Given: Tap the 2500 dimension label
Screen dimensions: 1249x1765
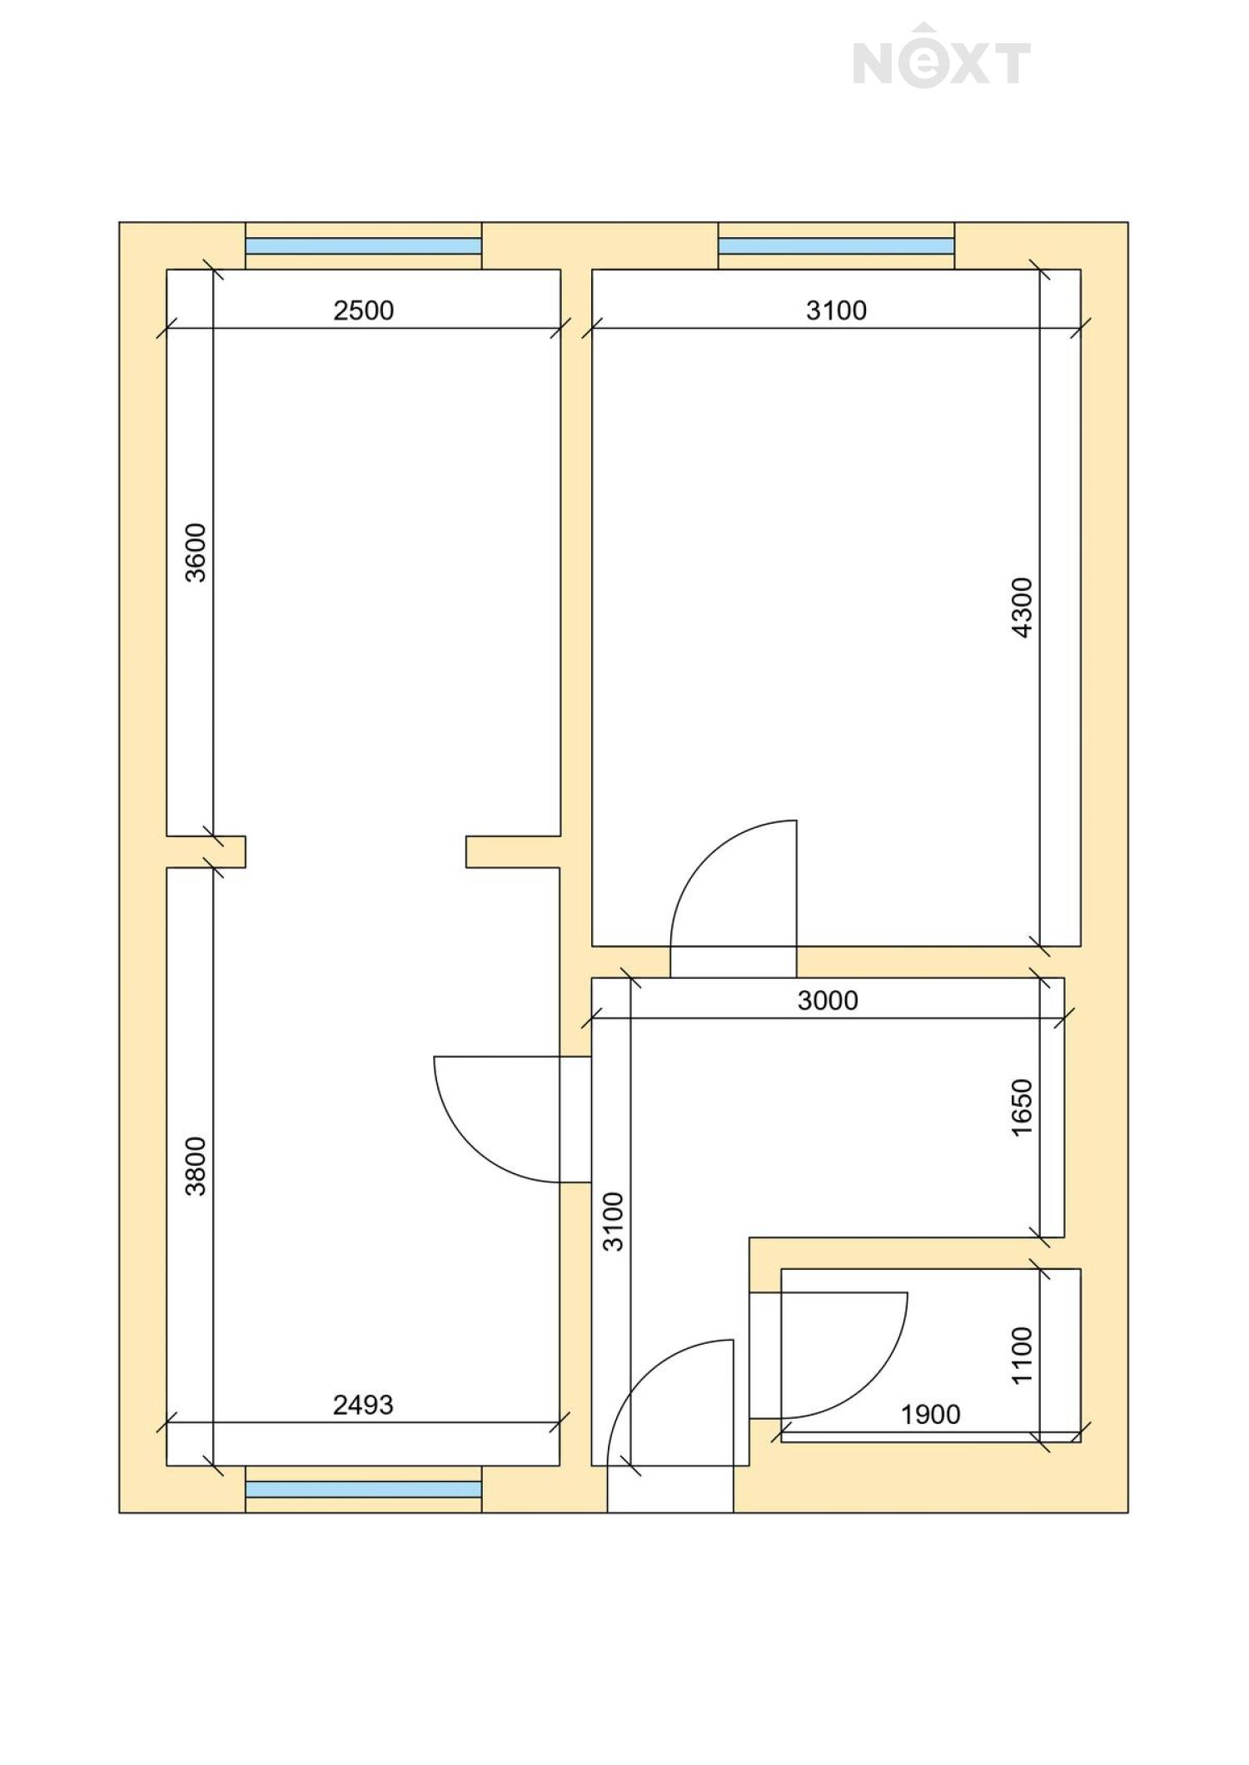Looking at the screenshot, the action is click(363, 310).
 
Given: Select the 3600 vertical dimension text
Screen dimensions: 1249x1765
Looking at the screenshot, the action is click(195, 553).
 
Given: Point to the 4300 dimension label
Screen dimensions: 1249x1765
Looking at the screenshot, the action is click(1022, 607).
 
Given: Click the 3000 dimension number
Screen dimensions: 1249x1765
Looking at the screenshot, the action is click(828, 1000).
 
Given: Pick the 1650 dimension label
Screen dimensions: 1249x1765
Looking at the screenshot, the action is click(1022, 1108).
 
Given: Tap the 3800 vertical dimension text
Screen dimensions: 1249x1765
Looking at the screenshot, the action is click(195, 1167).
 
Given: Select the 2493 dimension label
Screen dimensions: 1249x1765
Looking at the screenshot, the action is click(363, 1405).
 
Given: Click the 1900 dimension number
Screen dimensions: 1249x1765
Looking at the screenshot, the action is click(931, 1414).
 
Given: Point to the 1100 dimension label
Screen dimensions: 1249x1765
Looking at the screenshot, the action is click(1022, 1356).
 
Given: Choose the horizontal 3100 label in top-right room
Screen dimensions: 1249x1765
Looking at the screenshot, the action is click(836, 310).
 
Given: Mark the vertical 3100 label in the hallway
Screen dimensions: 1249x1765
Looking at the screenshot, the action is click(613, 1222).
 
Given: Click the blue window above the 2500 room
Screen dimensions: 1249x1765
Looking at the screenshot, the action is click(364, 246).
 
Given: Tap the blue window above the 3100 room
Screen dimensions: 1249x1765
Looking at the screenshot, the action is click(836, 246).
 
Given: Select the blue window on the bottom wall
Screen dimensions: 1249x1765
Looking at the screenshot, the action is click(364, 1489).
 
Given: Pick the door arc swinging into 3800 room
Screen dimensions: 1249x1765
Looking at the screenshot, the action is click(471, 1147).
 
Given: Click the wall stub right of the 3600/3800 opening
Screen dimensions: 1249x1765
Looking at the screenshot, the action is click(513, 852).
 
